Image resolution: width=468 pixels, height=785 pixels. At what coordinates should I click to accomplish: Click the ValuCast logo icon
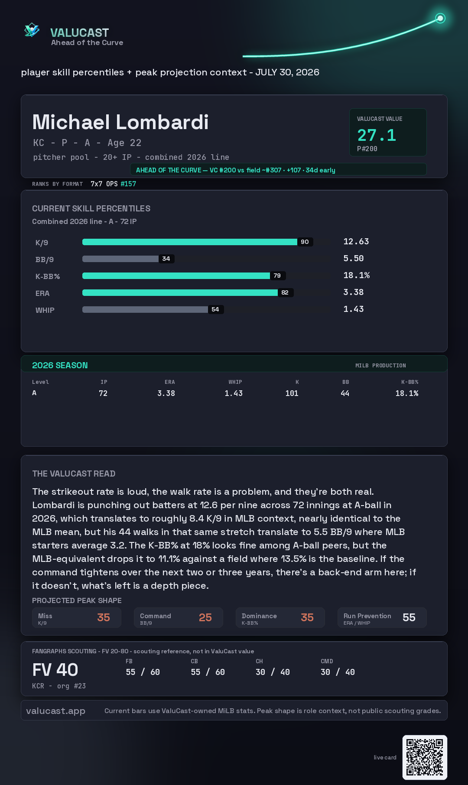pos(32,30)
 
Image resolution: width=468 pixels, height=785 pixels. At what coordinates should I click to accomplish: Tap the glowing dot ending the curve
pos(440,18)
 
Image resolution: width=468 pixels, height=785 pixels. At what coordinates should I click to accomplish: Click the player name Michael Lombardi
pos(120,122)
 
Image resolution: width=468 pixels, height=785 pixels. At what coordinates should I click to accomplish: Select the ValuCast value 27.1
pos(377,135)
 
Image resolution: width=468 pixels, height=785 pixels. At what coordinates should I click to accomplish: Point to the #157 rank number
pos(128,184)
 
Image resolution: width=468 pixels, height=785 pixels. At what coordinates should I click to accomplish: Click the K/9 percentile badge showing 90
pos(305,242)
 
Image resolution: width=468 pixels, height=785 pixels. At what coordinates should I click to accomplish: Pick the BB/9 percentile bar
pos(120,259)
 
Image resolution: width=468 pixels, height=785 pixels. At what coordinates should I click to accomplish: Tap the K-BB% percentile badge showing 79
pos(277,276)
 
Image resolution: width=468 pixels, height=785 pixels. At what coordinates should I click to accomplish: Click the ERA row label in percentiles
pos(42,293)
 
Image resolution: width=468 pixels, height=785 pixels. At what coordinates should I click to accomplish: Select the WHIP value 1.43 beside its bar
pos(354,309)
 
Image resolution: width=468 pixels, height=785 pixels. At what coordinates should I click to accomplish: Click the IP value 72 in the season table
pos(103,393)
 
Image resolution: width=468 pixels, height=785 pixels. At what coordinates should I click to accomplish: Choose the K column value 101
pos(292,393)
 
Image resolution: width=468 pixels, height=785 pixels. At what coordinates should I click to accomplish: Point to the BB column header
pos(345,382)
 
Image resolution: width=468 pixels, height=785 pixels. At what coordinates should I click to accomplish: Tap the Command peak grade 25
pos(205,617)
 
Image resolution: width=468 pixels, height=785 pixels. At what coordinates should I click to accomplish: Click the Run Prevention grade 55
pos(409,617)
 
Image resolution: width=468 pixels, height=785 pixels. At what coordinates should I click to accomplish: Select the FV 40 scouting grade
pos(55,670)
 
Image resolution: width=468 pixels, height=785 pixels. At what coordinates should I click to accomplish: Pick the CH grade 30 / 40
pos(273,672)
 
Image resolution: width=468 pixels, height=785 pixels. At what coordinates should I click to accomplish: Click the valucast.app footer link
pos(55,711)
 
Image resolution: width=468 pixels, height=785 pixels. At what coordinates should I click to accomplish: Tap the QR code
pos(425,757)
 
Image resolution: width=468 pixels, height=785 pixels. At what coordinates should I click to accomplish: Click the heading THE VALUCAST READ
pos(74,474)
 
